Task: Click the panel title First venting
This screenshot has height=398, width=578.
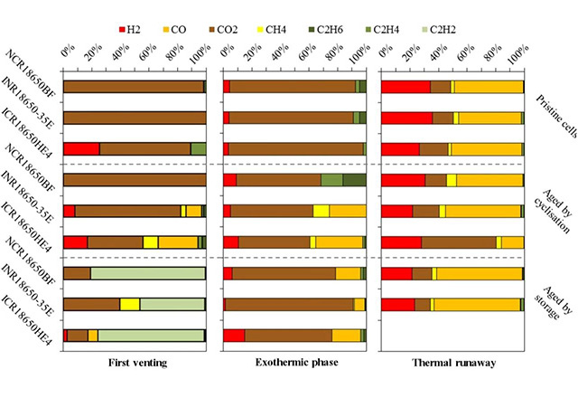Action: (x=135, y=364)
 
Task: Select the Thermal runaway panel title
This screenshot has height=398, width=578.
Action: (x=451, y=364)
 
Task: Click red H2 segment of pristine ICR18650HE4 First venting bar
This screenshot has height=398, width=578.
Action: (x=81, y=148)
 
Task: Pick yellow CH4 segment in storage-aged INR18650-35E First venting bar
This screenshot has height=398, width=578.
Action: (x=129, y=304)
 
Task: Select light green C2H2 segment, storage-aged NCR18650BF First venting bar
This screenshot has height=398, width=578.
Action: (x=148, y=273)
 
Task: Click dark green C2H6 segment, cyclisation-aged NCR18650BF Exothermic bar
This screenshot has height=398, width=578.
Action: (x=354, y=180)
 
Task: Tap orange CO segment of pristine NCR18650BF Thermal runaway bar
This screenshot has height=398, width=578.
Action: (x=489, y=87)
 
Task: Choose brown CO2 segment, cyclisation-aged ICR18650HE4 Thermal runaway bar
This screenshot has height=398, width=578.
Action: (x=459, y=242)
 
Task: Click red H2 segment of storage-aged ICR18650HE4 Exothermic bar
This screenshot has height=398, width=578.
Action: (x=234, y=336)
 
